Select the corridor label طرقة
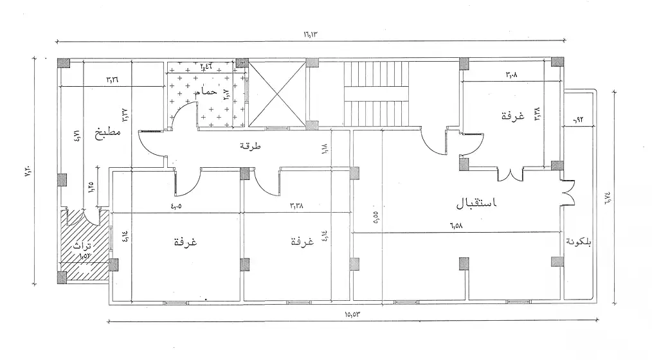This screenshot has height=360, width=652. point(250,147)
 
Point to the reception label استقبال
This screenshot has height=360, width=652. point(477,203)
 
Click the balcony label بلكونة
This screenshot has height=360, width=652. point(579,242)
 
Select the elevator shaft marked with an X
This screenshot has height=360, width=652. point(276,93)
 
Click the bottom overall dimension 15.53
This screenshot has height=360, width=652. point(351,314)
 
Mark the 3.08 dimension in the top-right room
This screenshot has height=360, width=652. point(511,75)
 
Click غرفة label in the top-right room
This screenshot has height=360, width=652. point(512,116)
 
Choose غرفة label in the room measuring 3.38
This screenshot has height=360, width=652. point(302,242)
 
